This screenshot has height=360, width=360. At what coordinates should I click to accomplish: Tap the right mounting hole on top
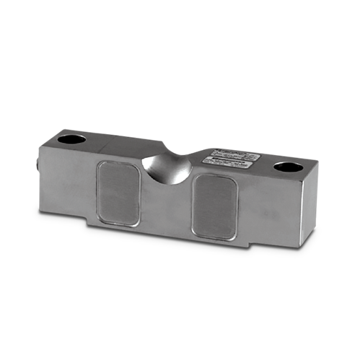coord(288,167)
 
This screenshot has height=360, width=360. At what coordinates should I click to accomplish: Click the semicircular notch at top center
coord(167,164)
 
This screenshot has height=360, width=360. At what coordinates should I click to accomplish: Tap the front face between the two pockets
coord(167,206)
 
